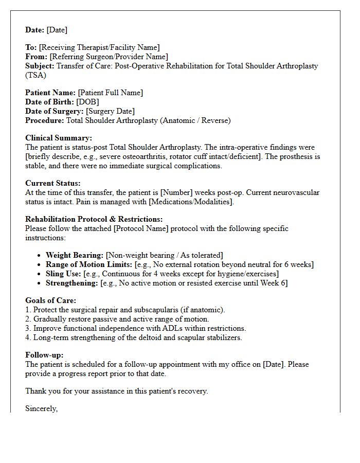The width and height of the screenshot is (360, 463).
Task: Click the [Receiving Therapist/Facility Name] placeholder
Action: [x=99, y=47]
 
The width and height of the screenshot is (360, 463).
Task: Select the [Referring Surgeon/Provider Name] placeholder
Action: [x=109, y=57]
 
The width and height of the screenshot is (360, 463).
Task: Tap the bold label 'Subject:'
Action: [x=40, y=66]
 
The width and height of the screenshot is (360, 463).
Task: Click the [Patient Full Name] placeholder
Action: [x=110, y=93]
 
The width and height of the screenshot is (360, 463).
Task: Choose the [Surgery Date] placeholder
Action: [x=110, y=111]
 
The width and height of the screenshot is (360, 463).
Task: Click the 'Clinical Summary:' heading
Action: [x=59, y=138]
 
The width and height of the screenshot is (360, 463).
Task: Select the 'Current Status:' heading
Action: [x=53, y=183]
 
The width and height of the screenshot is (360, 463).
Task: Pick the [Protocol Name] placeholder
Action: [x=128, y=228]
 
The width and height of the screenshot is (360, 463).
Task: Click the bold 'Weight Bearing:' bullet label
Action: [x=75, y=255]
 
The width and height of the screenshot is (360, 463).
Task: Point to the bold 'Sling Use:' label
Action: [x=64, y=274]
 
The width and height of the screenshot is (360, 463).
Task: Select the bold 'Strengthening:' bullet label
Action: [x=72, y=283]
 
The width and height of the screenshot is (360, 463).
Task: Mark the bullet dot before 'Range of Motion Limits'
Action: [x=40, y=264]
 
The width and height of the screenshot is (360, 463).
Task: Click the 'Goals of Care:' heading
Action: [x=51, y=300]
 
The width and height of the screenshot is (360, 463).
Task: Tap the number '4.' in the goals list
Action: [x=28, y=337]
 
